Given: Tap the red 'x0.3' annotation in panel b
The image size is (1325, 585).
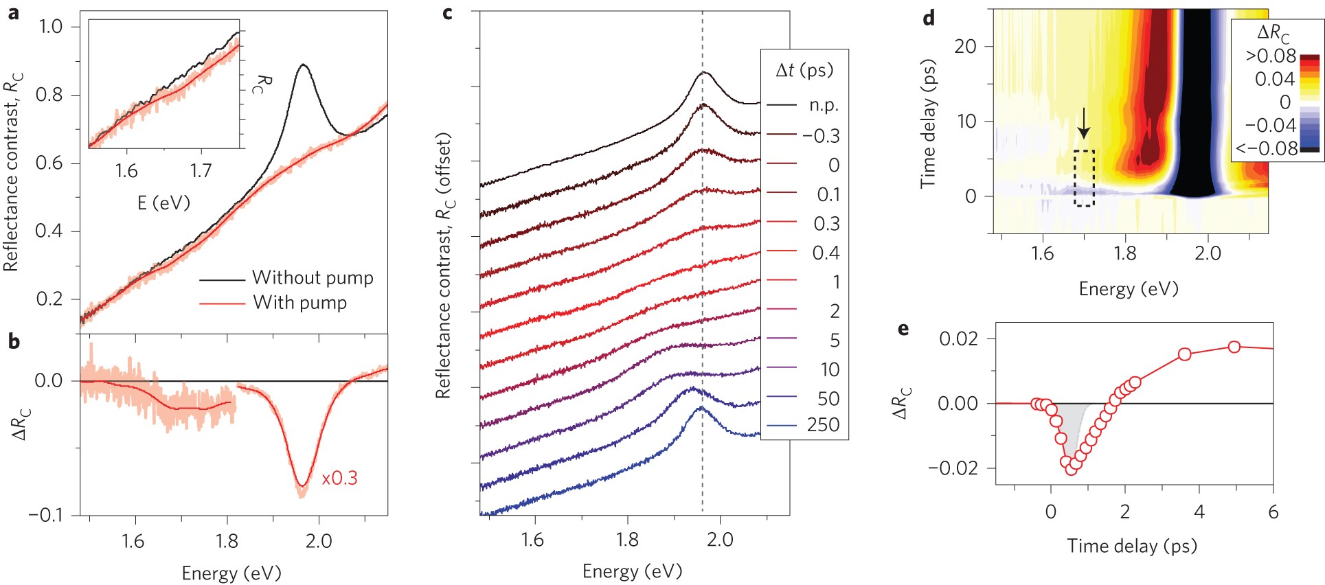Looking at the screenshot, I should click(339, 478).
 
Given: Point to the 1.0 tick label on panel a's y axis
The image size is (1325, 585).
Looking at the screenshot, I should click(50, 27).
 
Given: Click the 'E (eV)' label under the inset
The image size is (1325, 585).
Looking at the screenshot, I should click(163, 203).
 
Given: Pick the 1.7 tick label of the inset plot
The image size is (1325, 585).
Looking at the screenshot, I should click(201, 170).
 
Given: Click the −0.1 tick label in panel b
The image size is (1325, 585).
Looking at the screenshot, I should click(47, 515).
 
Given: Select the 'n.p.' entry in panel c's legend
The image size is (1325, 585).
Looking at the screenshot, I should click(824, 106).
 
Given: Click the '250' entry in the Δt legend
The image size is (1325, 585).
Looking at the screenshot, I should click(823, 425).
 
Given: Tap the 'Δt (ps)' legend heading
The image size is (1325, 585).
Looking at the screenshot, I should click(804, 70).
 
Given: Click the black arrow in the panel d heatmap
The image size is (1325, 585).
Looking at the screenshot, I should click(1083, 124).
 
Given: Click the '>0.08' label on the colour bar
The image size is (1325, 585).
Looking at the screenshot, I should click(1271, 56).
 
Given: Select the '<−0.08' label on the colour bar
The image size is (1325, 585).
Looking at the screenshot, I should click(1267, 148).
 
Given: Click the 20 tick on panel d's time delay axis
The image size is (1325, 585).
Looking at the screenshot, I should click(965, 47).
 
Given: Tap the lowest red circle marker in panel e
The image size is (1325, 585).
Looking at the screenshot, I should click(1072, 470).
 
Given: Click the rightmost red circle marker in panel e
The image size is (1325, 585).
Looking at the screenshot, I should click(1234, 347).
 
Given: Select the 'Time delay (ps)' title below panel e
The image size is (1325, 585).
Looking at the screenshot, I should click(1131, 546).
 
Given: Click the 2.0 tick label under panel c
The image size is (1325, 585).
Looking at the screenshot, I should click(719, 540).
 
